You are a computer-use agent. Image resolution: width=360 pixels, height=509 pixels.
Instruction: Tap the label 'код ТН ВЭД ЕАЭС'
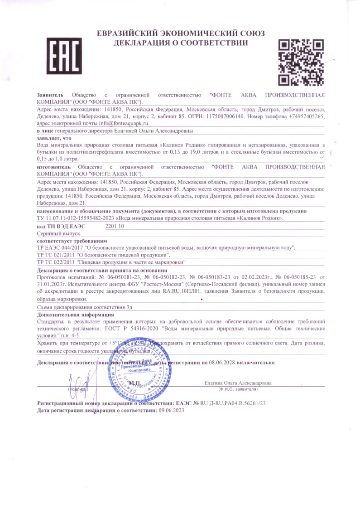point(60,225)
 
